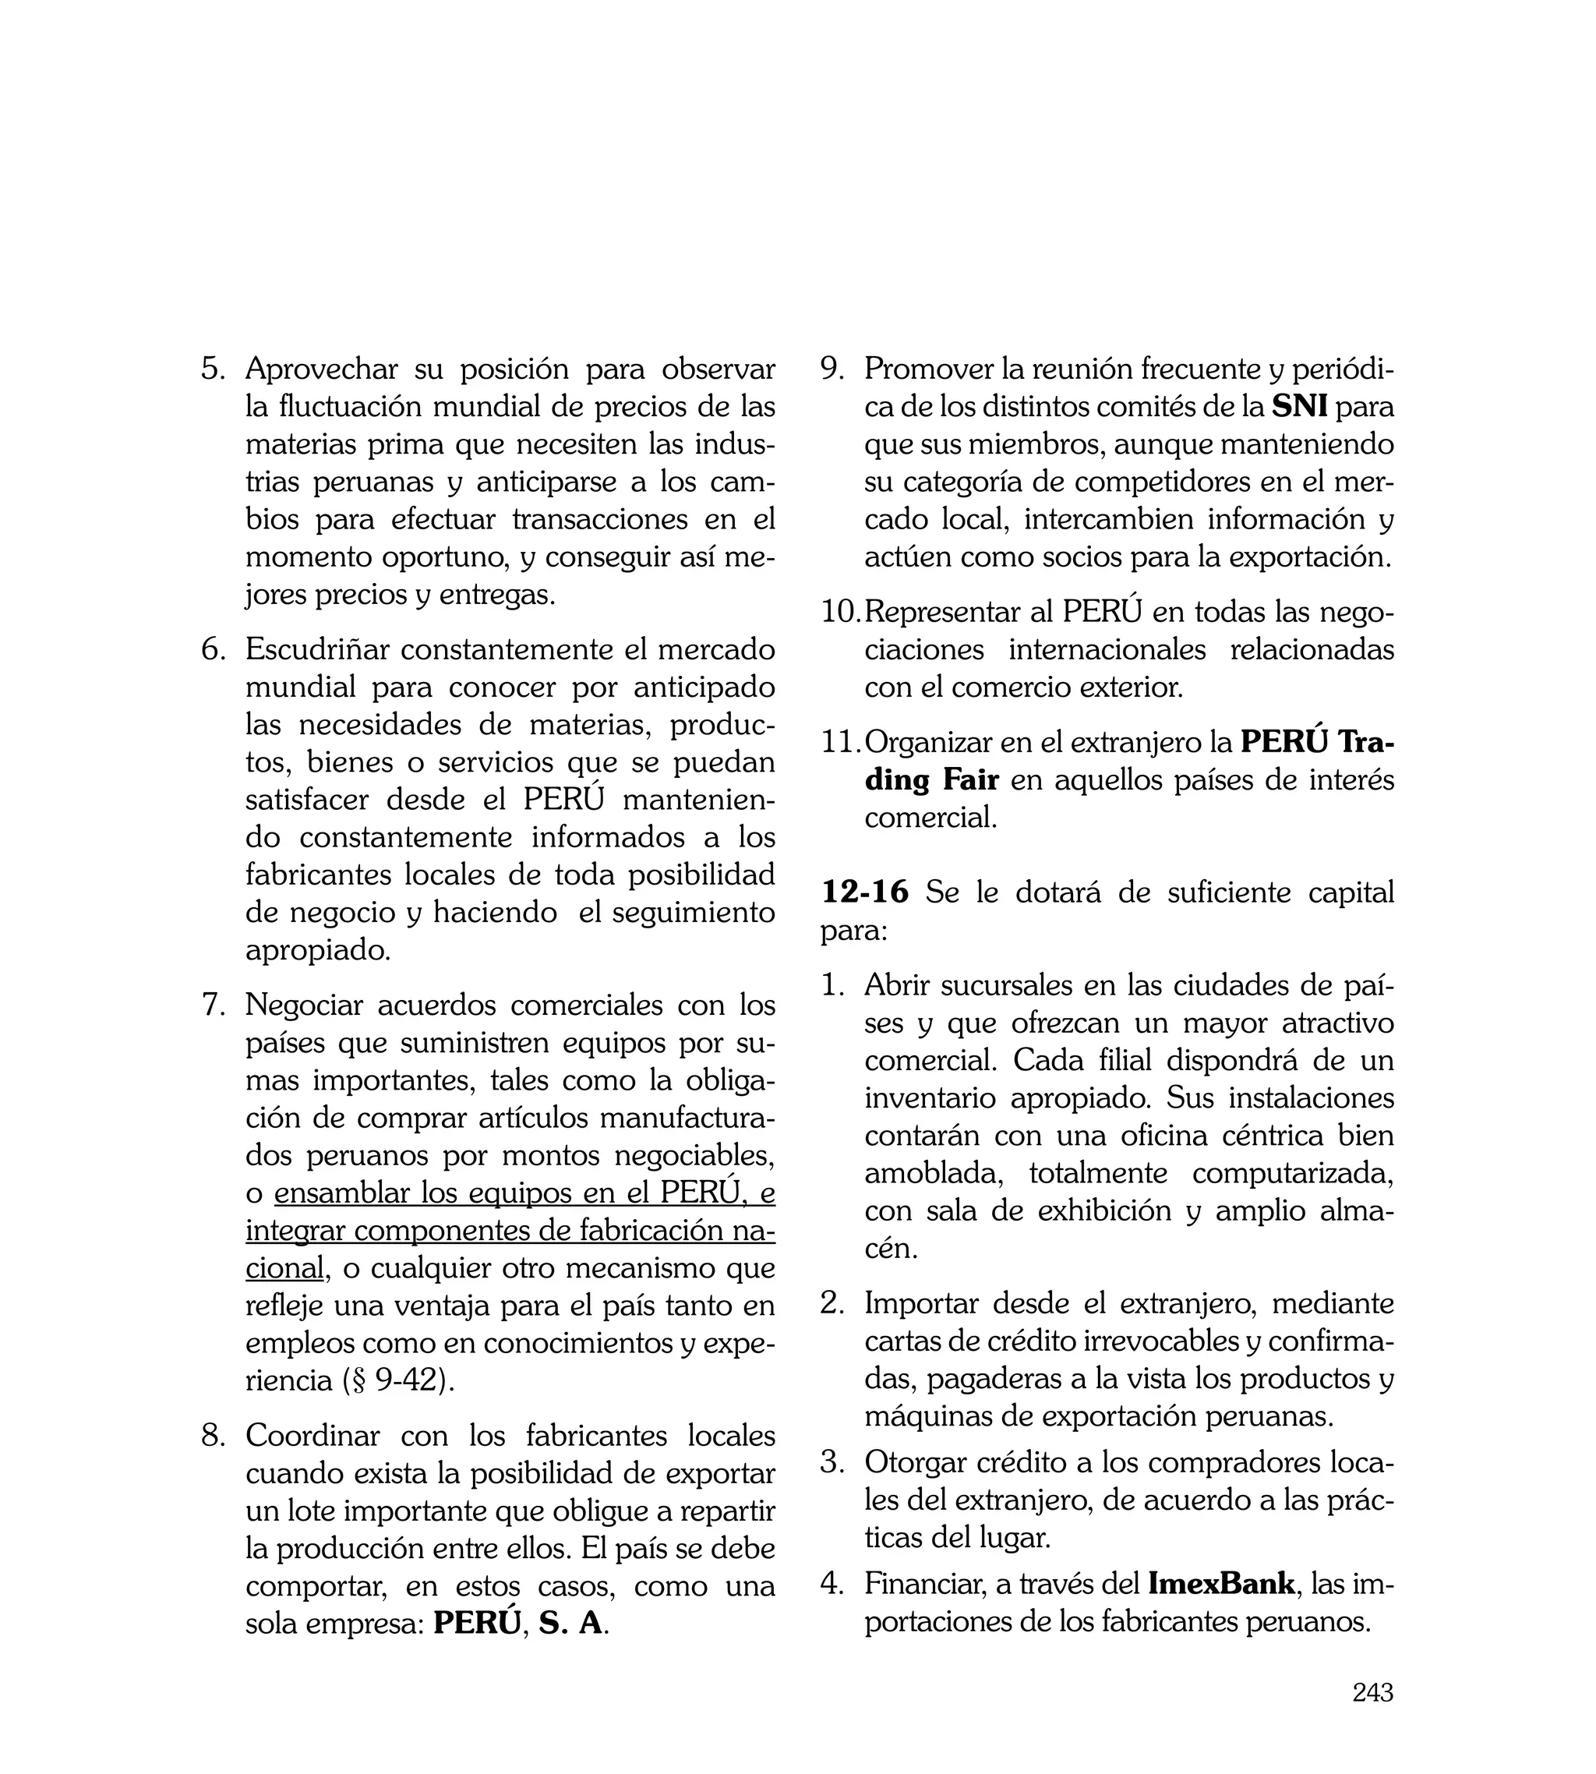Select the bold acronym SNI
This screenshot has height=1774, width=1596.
tap(1299, 407)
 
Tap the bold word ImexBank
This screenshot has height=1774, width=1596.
tap(1220, 1584)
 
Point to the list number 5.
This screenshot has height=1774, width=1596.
tap(212, 369)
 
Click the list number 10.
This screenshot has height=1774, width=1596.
tap(840, 612)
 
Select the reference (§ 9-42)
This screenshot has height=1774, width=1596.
tap(398, 1380)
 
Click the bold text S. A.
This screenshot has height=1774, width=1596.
tap(571, 1623)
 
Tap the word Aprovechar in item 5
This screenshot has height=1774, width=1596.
tap(321, 369)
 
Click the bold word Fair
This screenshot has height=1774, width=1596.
tap(970, 779)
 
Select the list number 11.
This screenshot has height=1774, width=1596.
tap(840, 743)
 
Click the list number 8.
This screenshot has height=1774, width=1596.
tap(212, 1436)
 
